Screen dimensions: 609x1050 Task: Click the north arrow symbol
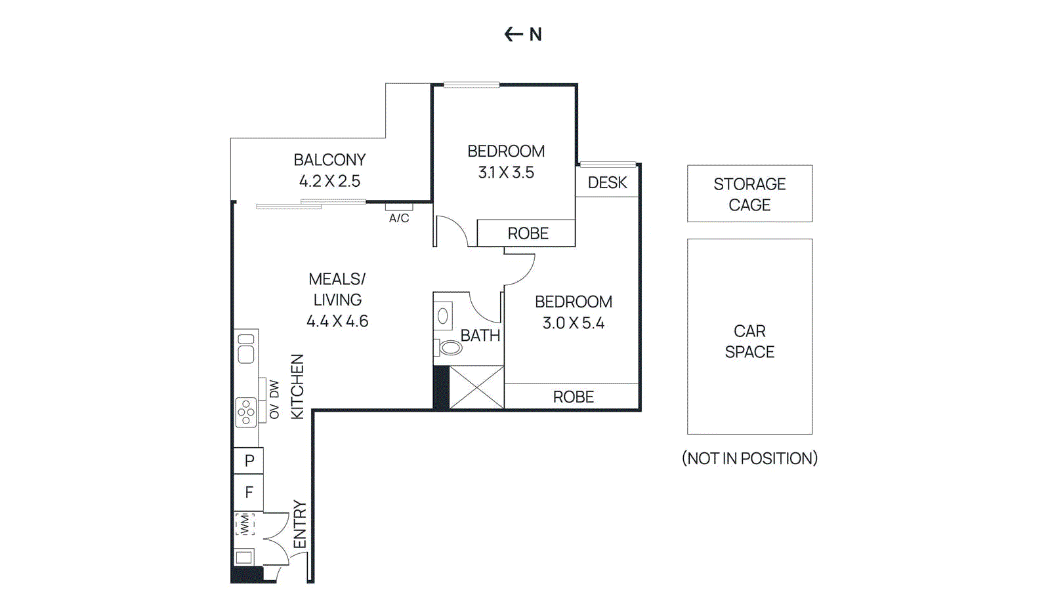tap(513, 34)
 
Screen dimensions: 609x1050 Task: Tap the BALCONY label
tap(329, 160)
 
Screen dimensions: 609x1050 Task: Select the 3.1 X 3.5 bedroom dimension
tap(506, 172)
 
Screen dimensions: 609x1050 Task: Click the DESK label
tap(607, 183)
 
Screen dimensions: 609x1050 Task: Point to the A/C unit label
tap(399, 218)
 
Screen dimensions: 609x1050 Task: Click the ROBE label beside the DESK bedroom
tap(528, 233)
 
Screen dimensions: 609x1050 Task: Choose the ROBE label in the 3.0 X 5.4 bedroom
tap(573, 397)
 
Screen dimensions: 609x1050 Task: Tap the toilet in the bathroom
tap(450, 347)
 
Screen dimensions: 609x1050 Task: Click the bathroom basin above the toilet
tap(443, 317)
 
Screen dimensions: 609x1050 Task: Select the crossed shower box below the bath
tap(476, 387)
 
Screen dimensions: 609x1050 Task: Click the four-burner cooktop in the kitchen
tap(246, 412)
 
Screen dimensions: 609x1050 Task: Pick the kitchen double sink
tap(246, 349)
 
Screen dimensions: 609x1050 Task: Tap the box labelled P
tap(249, 461)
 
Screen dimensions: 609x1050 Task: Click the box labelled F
tap(249, 492)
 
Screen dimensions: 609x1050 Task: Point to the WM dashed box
tap(245, 524)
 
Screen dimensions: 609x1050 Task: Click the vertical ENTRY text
tap(299, 524)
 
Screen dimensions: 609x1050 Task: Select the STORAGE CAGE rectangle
tap(749, 194)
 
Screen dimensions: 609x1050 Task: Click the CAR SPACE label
tap(749, 342)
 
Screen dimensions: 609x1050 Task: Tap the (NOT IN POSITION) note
tap(749, 458)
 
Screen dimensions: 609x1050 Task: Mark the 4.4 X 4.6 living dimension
tap(337, 321)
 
